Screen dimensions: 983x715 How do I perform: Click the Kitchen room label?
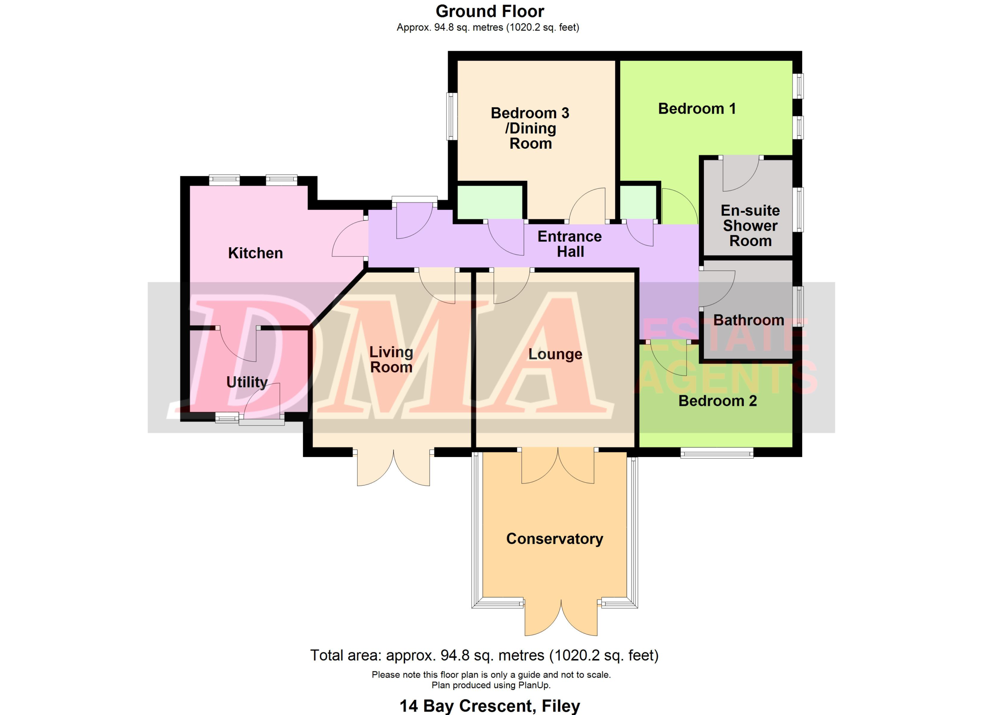click(255, 253)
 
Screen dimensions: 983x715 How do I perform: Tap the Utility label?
click(247, 382)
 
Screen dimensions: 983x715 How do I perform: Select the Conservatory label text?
click(554, 539)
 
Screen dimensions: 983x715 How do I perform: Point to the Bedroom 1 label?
click(697, 108)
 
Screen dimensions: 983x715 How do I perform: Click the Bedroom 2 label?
click(717, 401)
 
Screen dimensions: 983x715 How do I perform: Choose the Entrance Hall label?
click(570, 244)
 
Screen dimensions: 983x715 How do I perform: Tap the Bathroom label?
click(748, 320)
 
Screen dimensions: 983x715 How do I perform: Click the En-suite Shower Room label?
click(750, 225)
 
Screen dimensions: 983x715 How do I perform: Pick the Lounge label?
click(555, 354)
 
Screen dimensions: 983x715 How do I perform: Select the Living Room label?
click(391, 359)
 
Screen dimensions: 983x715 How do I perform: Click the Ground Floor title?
click(490, 11)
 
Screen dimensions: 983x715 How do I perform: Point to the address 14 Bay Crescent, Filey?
click(490, 706)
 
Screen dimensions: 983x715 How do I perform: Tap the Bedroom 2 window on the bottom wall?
click(717, 453)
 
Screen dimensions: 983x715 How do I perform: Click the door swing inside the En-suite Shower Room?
click(740, 173)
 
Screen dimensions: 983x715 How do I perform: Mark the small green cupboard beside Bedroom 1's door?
click(638, 202)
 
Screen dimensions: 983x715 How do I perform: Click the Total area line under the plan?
click(484, 655)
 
